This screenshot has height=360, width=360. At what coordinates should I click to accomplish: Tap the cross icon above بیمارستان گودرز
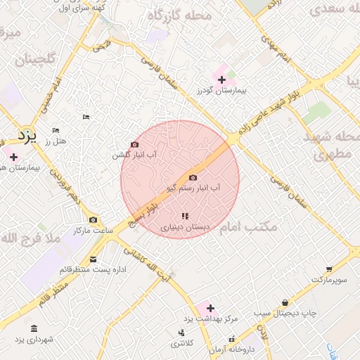222,79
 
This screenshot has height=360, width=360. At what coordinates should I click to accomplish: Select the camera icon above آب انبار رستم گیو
193,178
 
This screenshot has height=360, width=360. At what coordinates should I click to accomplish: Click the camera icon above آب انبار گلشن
135,144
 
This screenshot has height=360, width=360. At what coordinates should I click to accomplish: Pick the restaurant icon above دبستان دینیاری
185,217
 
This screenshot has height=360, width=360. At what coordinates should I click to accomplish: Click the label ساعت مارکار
92,231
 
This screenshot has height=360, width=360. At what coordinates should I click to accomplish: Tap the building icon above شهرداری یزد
34,328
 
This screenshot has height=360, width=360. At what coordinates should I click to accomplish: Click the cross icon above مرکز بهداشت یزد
210,308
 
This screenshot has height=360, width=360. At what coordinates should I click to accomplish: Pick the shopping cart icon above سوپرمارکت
328,269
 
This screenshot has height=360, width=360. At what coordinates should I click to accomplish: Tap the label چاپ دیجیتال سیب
285,311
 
